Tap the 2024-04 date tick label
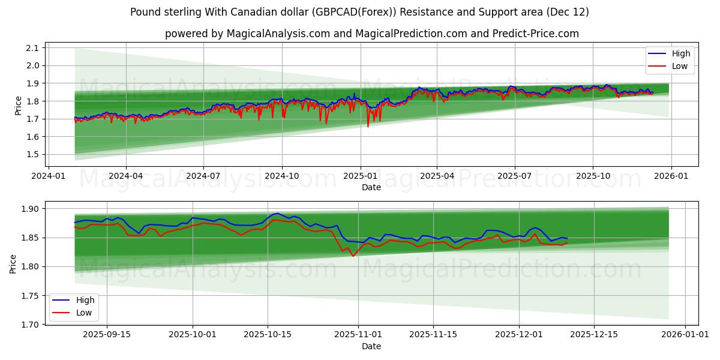126,177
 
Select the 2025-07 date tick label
515,177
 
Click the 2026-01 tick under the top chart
670,177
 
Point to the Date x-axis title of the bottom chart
371,346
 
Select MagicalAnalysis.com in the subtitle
278,34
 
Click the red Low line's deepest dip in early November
353,256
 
